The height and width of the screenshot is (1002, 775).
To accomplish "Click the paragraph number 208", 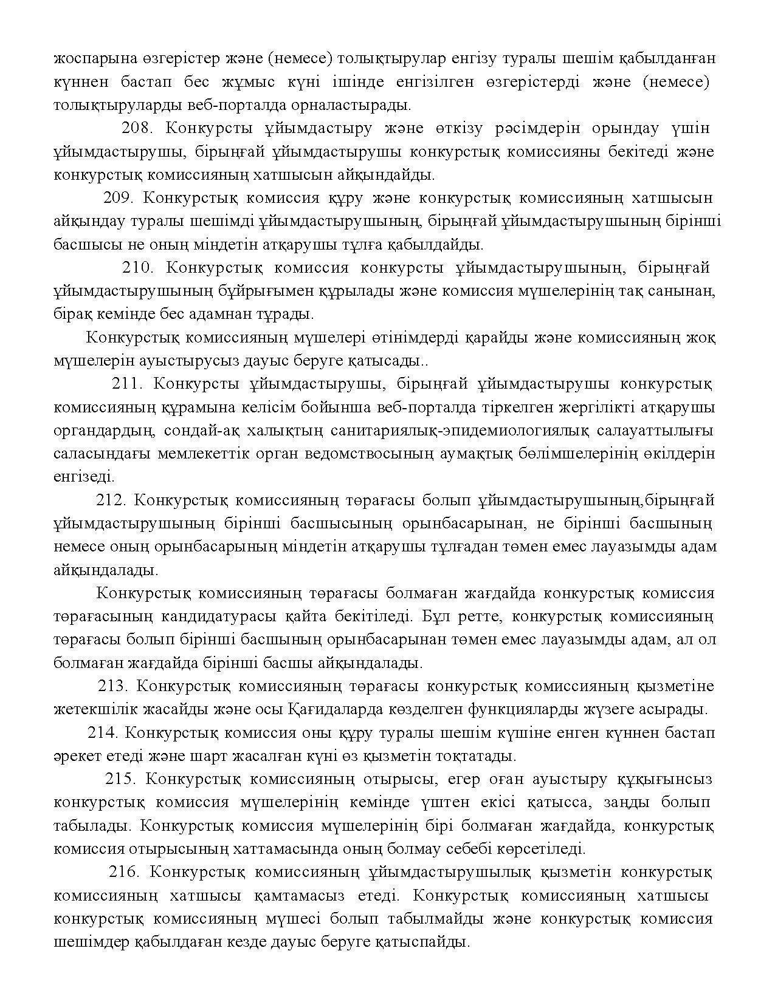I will pos(139,129).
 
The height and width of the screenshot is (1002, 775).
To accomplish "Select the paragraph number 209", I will pos(122,199).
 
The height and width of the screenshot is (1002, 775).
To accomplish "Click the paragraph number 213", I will pos(114,686).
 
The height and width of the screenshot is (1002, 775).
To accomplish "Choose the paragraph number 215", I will pos(121,779).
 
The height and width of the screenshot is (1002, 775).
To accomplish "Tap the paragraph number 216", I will pos(125,872).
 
